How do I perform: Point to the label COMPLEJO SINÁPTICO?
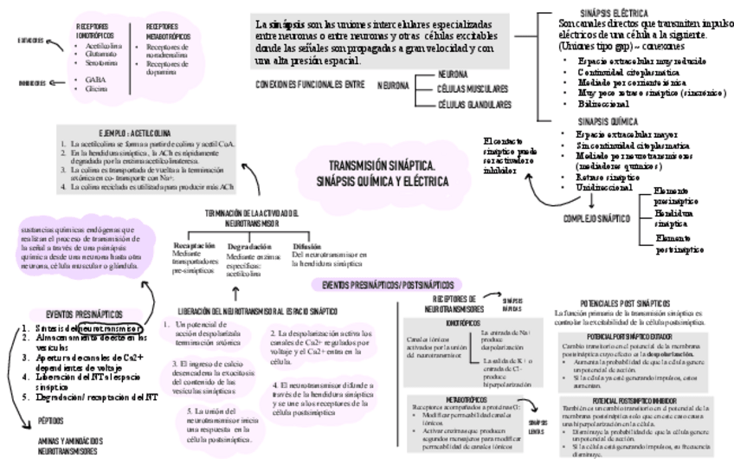click(x=597, y=219)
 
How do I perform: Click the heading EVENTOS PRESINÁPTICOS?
click(x=84, y=314)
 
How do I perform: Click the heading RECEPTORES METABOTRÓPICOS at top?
click(x=168, y=31)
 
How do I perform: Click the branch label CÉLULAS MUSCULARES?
click(x=472, y=88)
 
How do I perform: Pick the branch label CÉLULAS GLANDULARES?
click(x=473, y=104)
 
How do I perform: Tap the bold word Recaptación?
click(x=194, y=247)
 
